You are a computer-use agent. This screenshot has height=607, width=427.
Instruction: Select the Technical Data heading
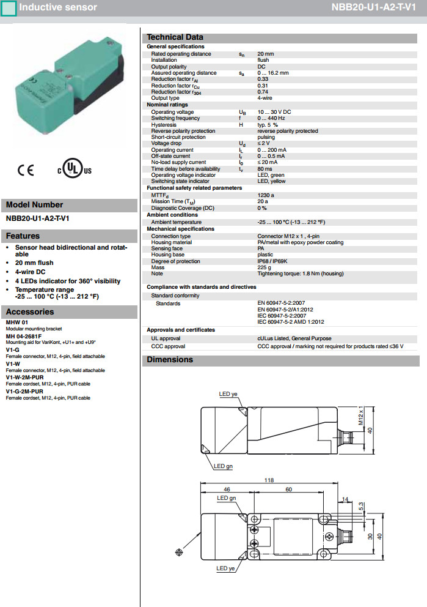click(x=175, y=37)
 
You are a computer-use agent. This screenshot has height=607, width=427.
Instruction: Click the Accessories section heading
click(x=31, y=312)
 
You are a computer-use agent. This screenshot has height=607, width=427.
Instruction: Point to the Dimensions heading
click(x=170, y=360)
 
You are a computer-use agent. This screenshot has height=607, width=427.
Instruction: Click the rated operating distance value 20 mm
click(x=265, y=54)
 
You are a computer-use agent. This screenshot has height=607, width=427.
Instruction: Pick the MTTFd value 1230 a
click(x=266, y=195)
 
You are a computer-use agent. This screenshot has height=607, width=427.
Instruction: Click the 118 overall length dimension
click(x=269, y=480)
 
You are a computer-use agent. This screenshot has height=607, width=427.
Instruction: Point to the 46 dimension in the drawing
click(x=227, y=490)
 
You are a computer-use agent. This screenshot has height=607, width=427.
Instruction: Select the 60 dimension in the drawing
click(x=289, y=490)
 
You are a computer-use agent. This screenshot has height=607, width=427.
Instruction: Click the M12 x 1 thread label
click(x=361, y=415)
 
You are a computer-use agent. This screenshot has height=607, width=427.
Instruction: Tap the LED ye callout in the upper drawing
click(x=228, y=394)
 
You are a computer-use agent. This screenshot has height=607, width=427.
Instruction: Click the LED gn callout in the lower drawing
click(x=227, y=498)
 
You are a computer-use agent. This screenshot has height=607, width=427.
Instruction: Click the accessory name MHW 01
click(x=17, y=322)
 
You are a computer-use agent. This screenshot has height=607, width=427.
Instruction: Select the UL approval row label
click(x=166, y=338)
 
